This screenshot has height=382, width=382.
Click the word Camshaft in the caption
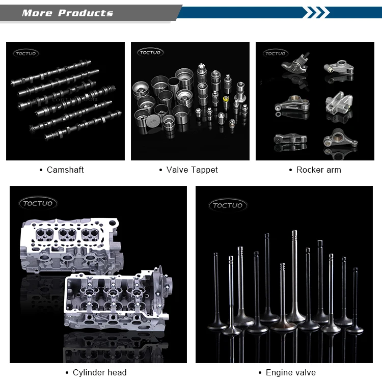point(65,170)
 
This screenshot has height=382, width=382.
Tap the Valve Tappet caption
point(192,170)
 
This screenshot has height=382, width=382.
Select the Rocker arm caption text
point(319,170)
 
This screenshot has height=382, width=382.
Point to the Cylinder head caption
point(100,372)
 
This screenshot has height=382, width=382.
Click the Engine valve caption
point(291,372)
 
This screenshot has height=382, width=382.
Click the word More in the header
point(37,13)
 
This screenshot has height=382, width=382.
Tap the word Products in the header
point(86,13)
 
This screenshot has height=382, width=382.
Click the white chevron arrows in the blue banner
point(316,12)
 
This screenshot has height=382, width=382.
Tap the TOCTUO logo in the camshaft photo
point(26,53)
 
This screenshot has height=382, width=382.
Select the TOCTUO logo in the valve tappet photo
point(150,52)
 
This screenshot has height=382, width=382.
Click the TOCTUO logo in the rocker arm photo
point(276,53)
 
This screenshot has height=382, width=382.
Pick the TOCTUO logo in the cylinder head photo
point(38,203)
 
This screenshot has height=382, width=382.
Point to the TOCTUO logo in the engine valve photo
point(228,205)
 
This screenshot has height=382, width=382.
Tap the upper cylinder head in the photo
point(71,246)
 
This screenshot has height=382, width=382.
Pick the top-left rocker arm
point(295,64)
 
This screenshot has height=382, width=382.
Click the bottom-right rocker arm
point(340,139)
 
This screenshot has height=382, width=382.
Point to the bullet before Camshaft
point(41,170)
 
